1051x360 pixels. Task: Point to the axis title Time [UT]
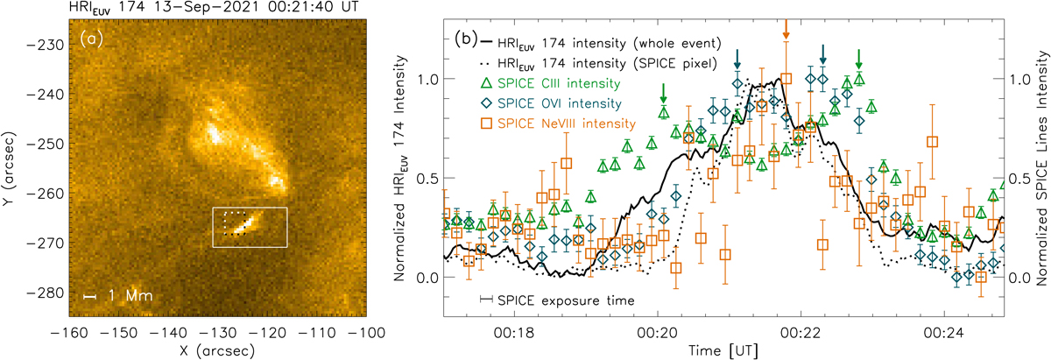coord(729,349)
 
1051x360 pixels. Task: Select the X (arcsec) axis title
coord(217,349)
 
